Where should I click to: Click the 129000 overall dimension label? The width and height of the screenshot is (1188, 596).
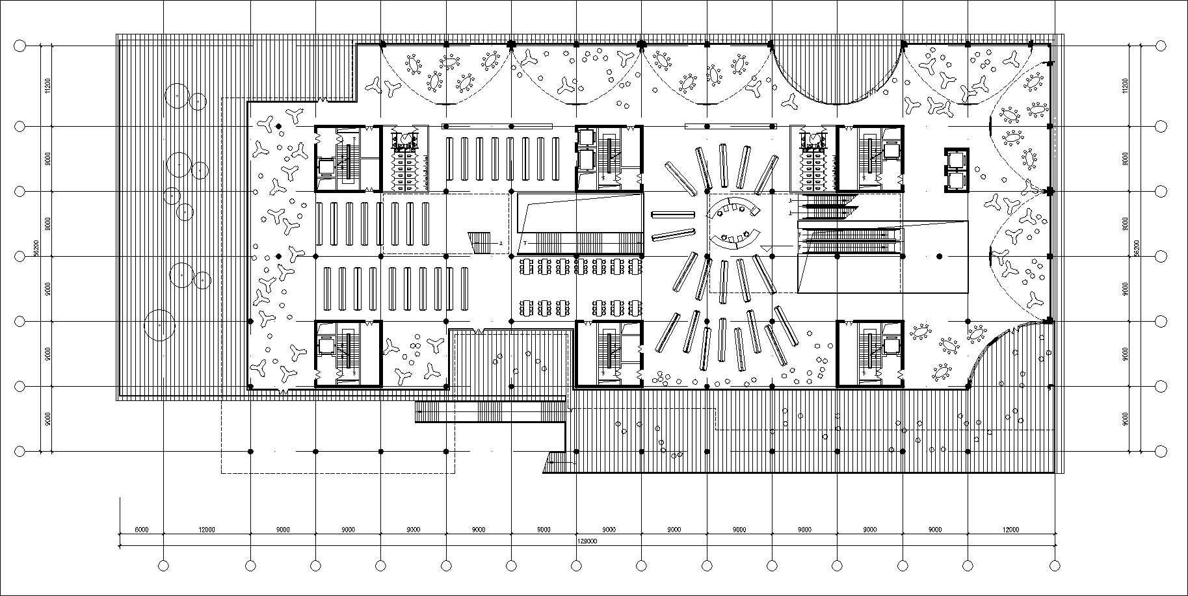click(587, 540)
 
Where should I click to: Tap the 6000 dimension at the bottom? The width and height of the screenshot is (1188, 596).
click(141, 530)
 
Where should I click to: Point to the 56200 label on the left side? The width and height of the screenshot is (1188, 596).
click(36, 249)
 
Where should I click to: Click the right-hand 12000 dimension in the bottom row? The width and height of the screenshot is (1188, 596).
click(1010, 530)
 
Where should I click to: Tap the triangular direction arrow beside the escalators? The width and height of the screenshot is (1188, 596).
click(768, 248)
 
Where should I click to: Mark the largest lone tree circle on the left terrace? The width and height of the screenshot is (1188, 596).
click(159, 325)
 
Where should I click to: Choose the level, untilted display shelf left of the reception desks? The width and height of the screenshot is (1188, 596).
click(673, 214)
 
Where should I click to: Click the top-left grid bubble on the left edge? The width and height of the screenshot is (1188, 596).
click(20, 46)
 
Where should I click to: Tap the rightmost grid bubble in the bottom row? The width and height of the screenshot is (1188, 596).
click(1055, 566)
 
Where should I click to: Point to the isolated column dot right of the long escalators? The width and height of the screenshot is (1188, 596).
click(939, 257)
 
